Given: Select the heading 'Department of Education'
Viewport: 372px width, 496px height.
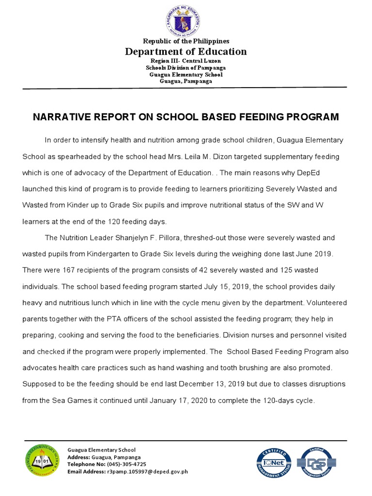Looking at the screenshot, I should [186, 51].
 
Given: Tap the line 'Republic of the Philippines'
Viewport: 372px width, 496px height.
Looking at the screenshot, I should [186, 41].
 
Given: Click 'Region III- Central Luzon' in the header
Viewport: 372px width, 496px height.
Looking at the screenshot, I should [186, 61].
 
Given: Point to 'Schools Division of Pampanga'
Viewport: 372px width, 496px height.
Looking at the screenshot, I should [186, 68].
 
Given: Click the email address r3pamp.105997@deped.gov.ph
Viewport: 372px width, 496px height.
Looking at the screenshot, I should [147, 471].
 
